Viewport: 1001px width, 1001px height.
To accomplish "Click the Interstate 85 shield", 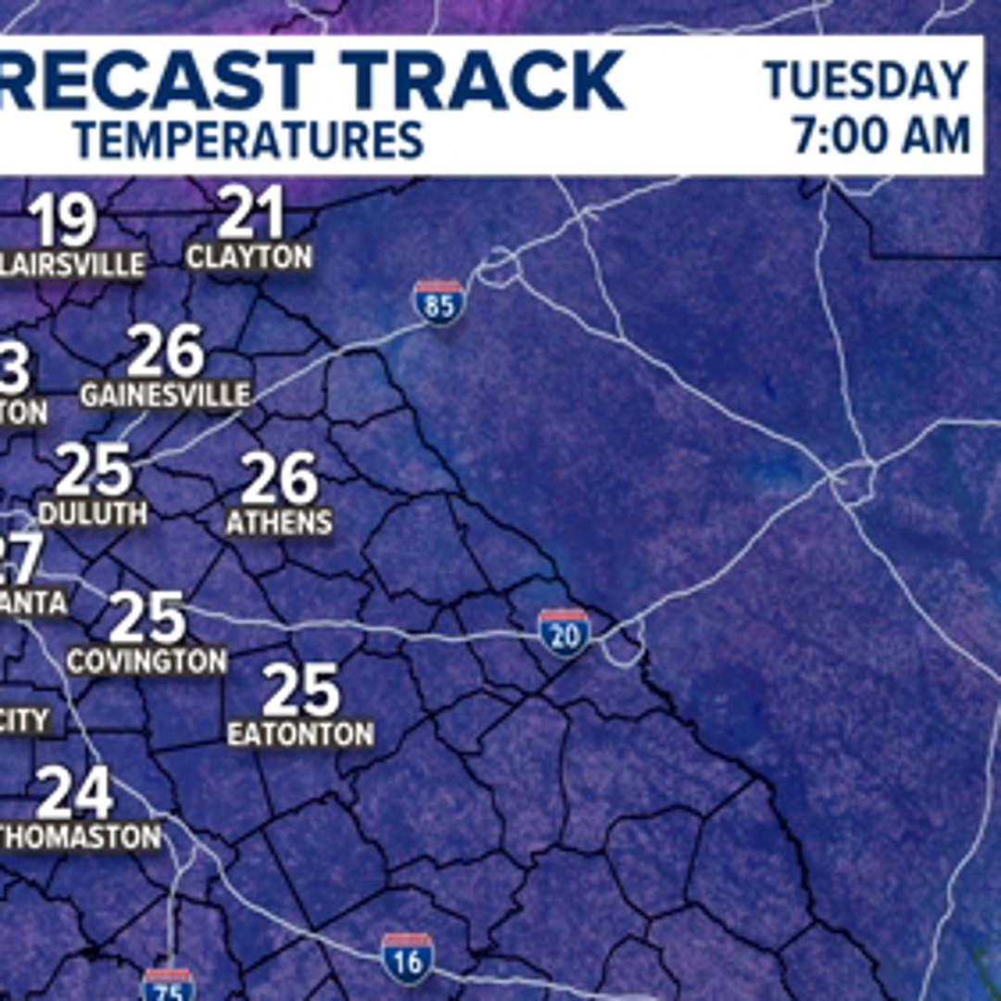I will [x=439, y=303].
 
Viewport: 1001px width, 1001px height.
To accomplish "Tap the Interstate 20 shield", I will [x=564, y=634].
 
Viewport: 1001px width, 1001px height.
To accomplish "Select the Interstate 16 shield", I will [x=408, y=959].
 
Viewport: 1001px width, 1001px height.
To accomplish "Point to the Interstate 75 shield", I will [x=169, y=985].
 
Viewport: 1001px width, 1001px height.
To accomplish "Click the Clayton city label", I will [x=249, y=257].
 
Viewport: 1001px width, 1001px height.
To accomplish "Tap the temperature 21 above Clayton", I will [x=249, y=214].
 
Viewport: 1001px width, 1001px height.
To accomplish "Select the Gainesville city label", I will [x=165, y=395].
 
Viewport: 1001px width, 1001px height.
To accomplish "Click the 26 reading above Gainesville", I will [x=165, y=352].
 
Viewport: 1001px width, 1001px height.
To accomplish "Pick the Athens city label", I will [x=279, y=522].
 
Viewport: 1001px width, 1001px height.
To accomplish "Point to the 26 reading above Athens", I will [x=279, y=479].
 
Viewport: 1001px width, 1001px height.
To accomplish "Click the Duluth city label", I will [x=93, y=513].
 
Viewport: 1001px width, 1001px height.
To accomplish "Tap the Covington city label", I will [x=146, y=661].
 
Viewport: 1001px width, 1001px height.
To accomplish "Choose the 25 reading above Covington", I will [x=146, y=619].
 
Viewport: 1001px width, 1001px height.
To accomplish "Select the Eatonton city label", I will [x=300, y=734].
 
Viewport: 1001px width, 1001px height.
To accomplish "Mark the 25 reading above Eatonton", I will [x=300, y=691].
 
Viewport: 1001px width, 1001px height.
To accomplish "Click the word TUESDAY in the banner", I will [x=867, y=82].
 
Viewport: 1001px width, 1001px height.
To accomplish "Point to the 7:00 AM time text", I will [x=880, y=136].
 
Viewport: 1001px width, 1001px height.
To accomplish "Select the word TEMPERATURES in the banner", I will [x=248, y=140].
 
